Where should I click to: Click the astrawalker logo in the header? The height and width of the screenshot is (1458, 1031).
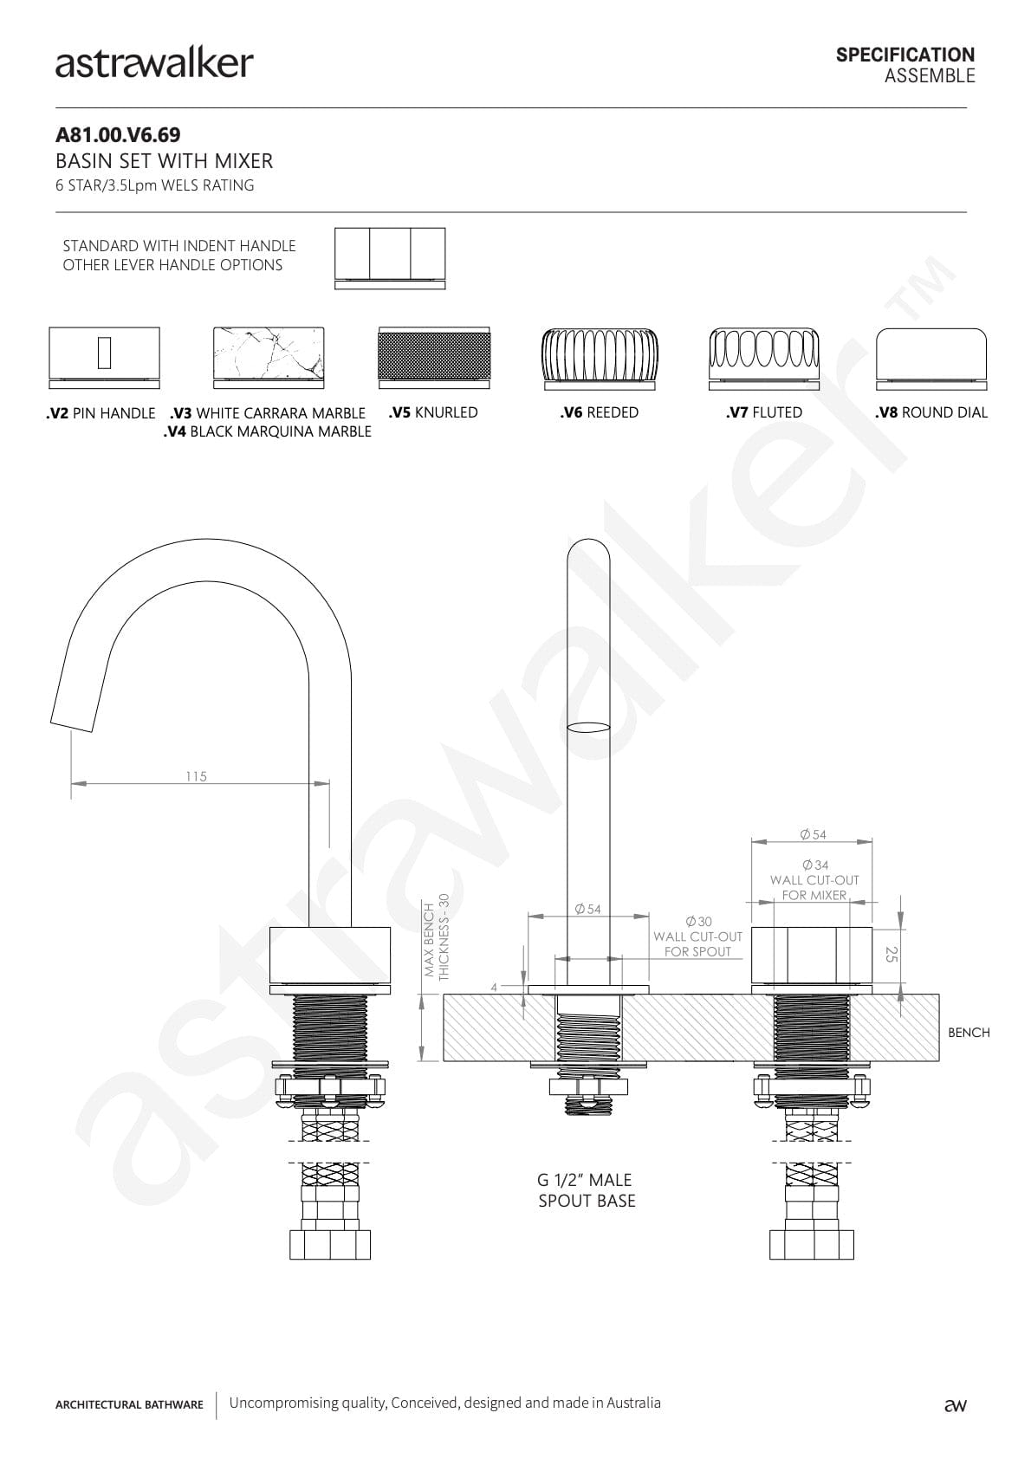click(x=154, y=64)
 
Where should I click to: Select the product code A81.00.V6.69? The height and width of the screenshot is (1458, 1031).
click(x=118, y=135)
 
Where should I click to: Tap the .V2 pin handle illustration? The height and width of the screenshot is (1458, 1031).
click(x=104, y=357)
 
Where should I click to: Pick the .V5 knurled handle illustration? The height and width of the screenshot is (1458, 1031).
click(x=434, y=357)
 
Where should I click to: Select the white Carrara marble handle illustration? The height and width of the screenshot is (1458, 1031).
click(x=269, y=357)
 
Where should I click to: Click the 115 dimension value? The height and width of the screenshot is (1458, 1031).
click(x=196, y=776)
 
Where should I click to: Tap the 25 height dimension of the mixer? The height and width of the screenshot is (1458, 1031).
click(x=892, y=954)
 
